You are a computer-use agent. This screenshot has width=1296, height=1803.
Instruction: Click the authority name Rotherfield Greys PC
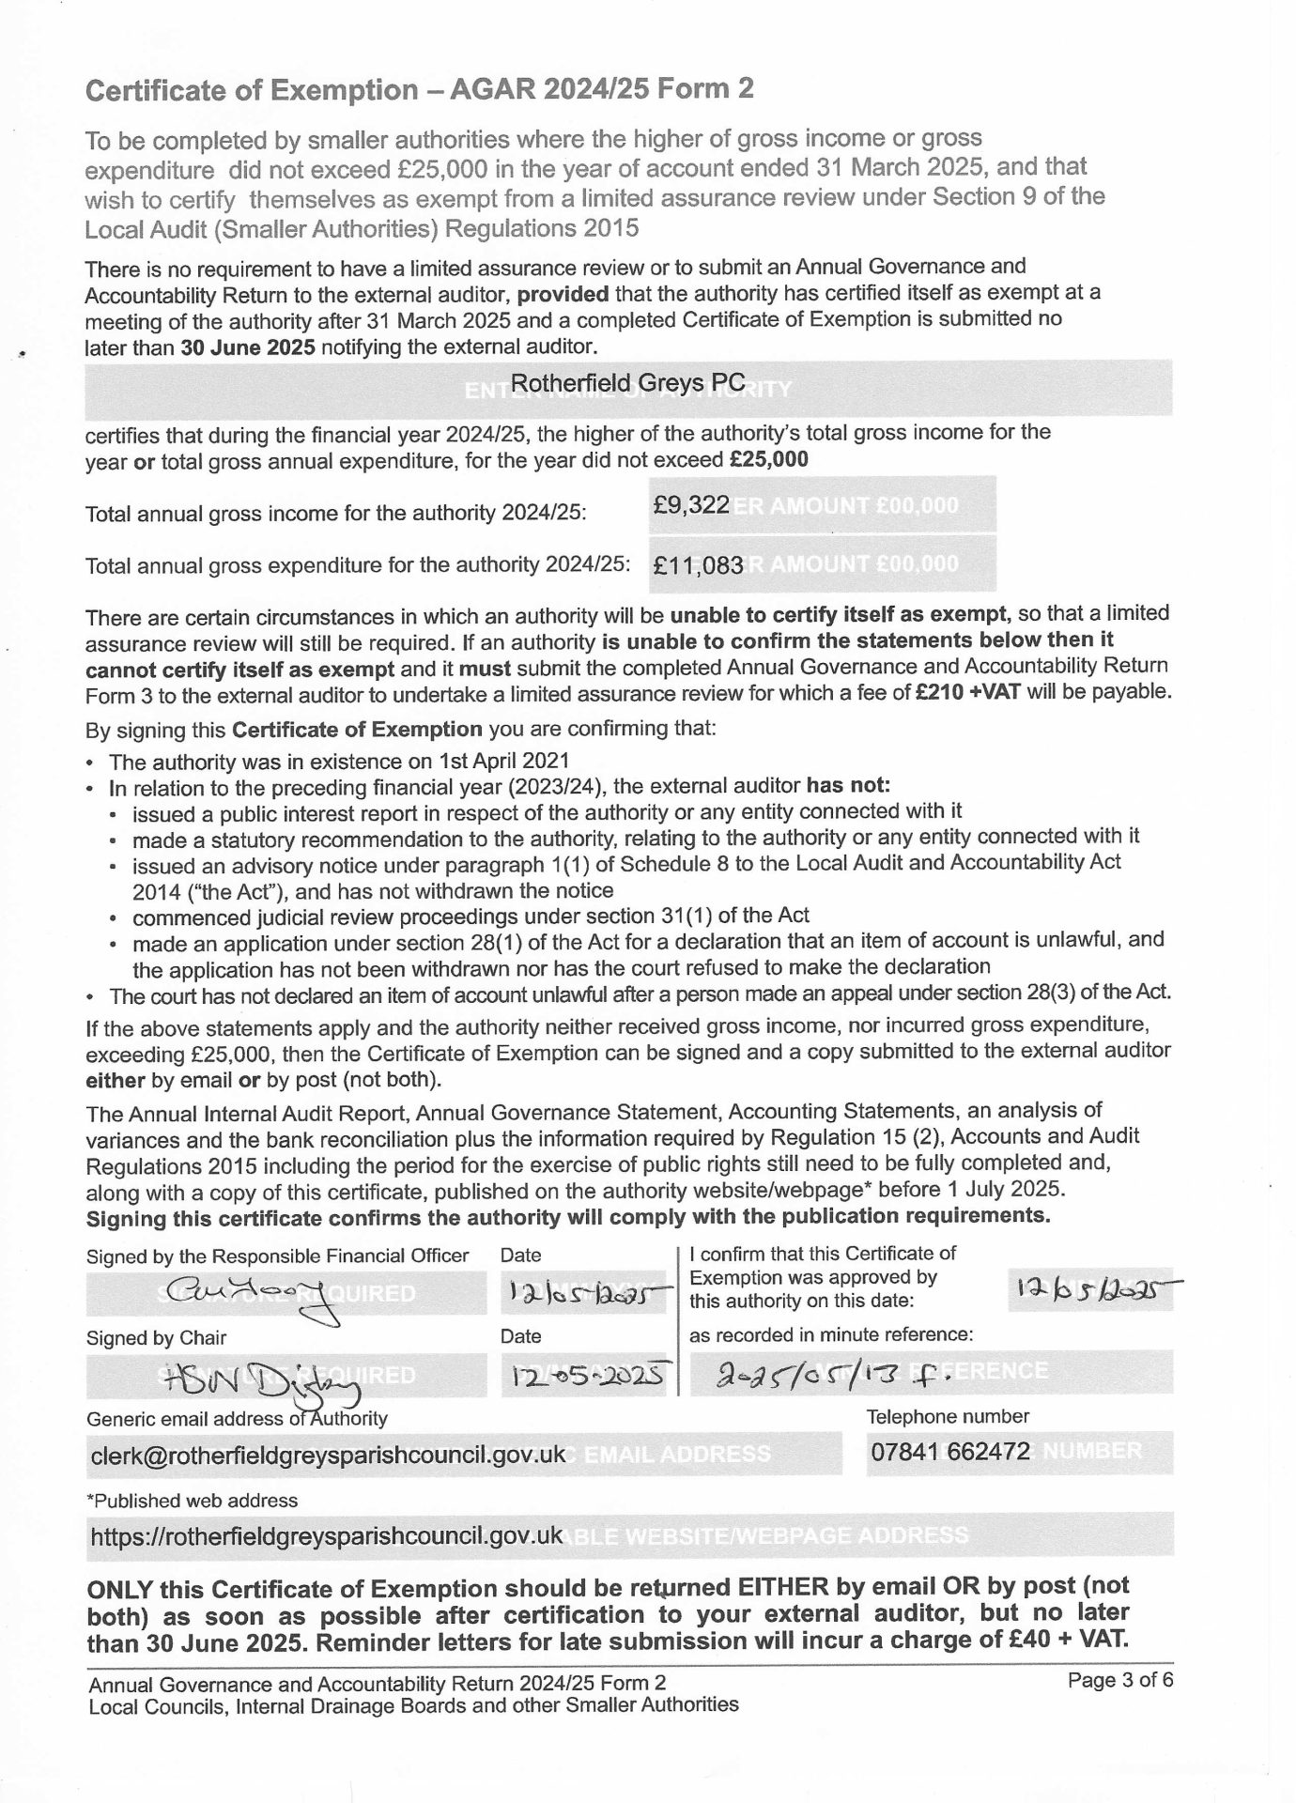click(x=627, y=382)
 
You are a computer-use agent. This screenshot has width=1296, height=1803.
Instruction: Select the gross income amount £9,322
click(x=691, y=505)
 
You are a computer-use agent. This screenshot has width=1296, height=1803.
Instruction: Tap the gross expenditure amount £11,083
click(x=699, y=565)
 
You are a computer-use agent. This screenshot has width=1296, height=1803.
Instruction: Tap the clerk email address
click(x=328, y=1455)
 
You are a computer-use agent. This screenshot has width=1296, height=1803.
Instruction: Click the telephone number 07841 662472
click(x=950, y=1452)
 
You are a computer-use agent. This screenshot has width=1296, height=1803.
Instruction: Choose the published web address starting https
click(x=326, y=1535)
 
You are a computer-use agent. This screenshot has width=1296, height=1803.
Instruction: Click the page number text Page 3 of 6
click(x=1120, y=1680)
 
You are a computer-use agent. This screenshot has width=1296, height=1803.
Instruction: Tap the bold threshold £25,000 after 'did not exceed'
click(x=768, y=460)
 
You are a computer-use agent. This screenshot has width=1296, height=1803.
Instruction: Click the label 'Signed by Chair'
click(x=156, y=1337)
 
